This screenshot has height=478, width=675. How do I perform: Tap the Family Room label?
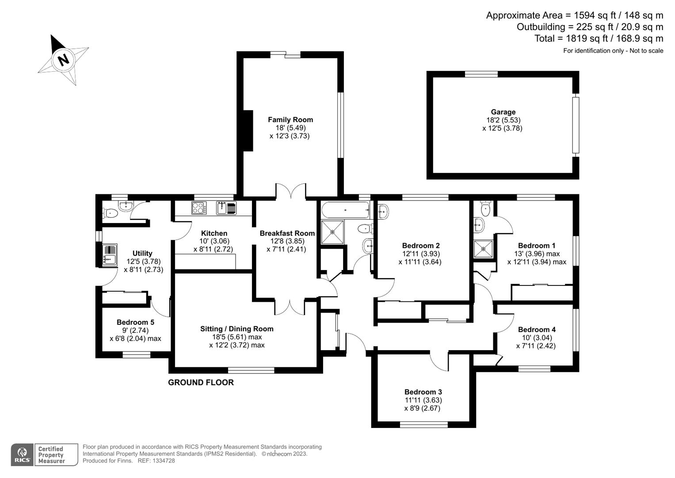pos(290,119)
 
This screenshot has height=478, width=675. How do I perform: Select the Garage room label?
pos(503,112)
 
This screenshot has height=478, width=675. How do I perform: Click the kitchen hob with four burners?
pos(198,208)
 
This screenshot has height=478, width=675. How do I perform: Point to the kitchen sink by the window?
pos(226,208)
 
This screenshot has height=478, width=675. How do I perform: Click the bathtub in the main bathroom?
pos(345,210)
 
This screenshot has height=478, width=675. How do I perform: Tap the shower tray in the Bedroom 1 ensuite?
pos(484,248)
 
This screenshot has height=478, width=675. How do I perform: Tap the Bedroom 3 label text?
pos(423,392)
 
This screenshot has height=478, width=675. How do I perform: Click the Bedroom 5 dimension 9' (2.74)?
pos(135,330)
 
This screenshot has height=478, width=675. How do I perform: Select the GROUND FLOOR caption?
pos(201,382)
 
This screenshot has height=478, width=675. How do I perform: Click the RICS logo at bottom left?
pos(22,455)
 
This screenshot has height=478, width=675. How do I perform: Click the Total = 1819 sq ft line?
pos(599,39)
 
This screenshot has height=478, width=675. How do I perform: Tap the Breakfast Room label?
pos(287,233)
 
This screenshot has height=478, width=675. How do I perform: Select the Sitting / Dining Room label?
pos(236,329)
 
